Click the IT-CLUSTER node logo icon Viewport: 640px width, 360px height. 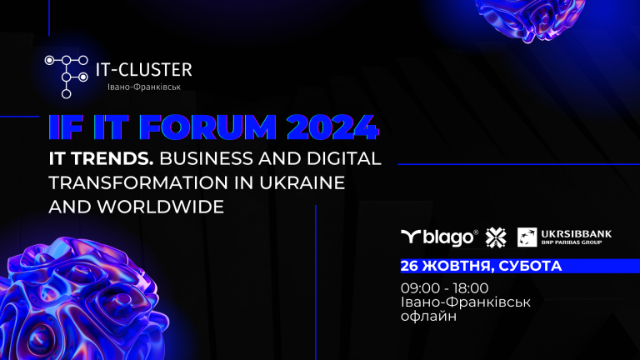pyautogui.click(x=66, y=77)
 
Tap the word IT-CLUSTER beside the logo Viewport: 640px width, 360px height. pyautogui.click(x=144, y=70)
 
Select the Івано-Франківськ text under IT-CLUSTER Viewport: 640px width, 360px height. pyautogui.click(x=144, y=87)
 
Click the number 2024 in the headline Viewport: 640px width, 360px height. pyautogui.click(x=332, y=127)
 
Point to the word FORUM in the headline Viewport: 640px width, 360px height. pyautogui.click(x=208, y=127)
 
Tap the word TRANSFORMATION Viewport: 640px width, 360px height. pyautogui.click(x=138, y=182)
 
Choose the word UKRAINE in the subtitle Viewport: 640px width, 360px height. pyautogui.click(x=302, y=182)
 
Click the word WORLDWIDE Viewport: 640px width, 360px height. pyautogui.click(x=160, y=207)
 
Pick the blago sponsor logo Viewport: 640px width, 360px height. pyautogui.click(x=439, y=237)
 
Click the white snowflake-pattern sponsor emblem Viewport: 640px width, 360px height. pyautogui.click(x=496, y=237)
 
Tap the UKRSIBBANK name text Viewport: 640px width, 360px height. pyautogui.click(x=577, y=234)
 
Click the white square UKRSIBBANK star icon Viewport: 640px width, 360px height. pyautogui.click(x=527, y=237)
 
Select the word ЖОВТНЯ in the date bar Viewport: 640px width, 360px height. pyautogui.click(x=458, y=266)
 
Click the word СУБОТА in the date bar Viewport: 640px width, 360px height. pyautogui.click(x=530, y=266)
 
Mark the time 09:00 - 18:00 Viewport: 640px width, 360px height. pyautogui.click(x=444, y=288)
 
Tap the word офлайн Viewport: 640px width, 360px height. pyautogui.click(x=428, y=316)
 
